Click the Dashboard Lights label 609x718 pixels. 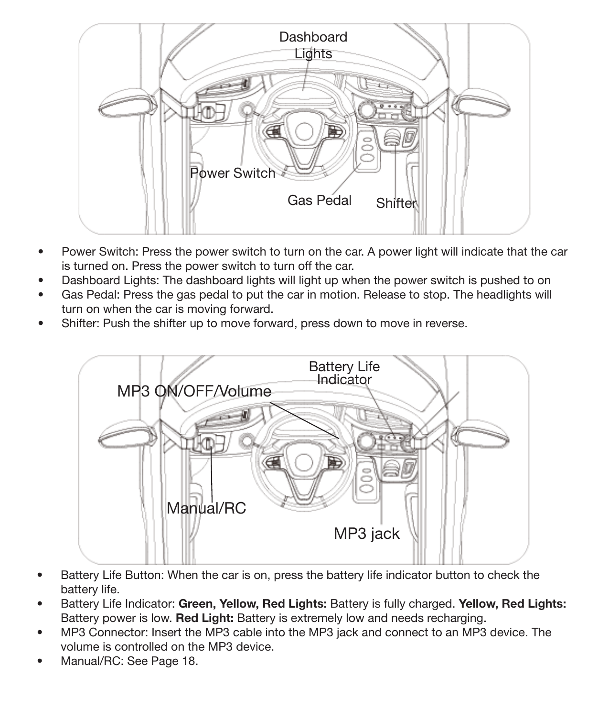(x=313, y=45)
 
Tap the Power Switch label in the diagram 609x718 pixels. (x=233, y=173)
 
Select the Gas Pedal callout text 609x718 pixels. (x=319, y=200)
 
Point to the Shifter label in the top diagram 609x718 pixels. (x=396, y=203)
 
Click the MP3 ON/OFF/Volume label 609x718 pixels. (x=194, y=391)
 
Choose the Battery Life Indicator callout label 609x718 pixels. (x=344, y=373)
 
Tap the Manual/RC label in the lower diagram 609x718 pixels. (x=206, y=508)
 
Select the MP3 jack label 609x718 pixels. (x=366, y=533)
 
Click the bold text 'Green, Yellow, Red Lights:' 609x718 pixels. (x=252, y=604)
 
